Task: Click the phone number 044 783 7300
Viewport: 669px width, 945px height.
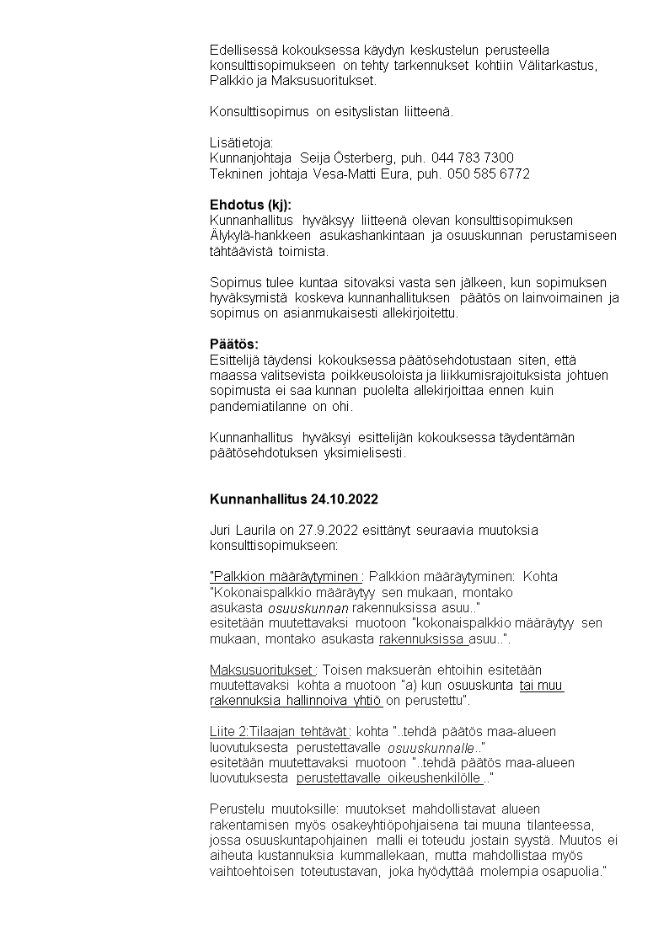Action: (x=472, y=158)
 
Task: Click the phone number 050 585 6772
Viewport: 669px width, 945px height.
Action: (x=491, y=174)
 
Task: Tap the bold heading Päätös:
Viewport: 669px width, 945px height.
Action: (x=234, y=344)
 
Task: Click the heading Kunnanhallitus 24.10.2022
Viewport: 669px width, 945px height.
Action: (x=294, y=499)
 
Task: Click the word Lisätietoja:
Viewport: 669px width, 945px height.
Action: (x=242, y=143)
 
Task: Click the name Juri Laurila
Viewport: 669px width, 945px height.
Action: (x=245, y=531)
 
